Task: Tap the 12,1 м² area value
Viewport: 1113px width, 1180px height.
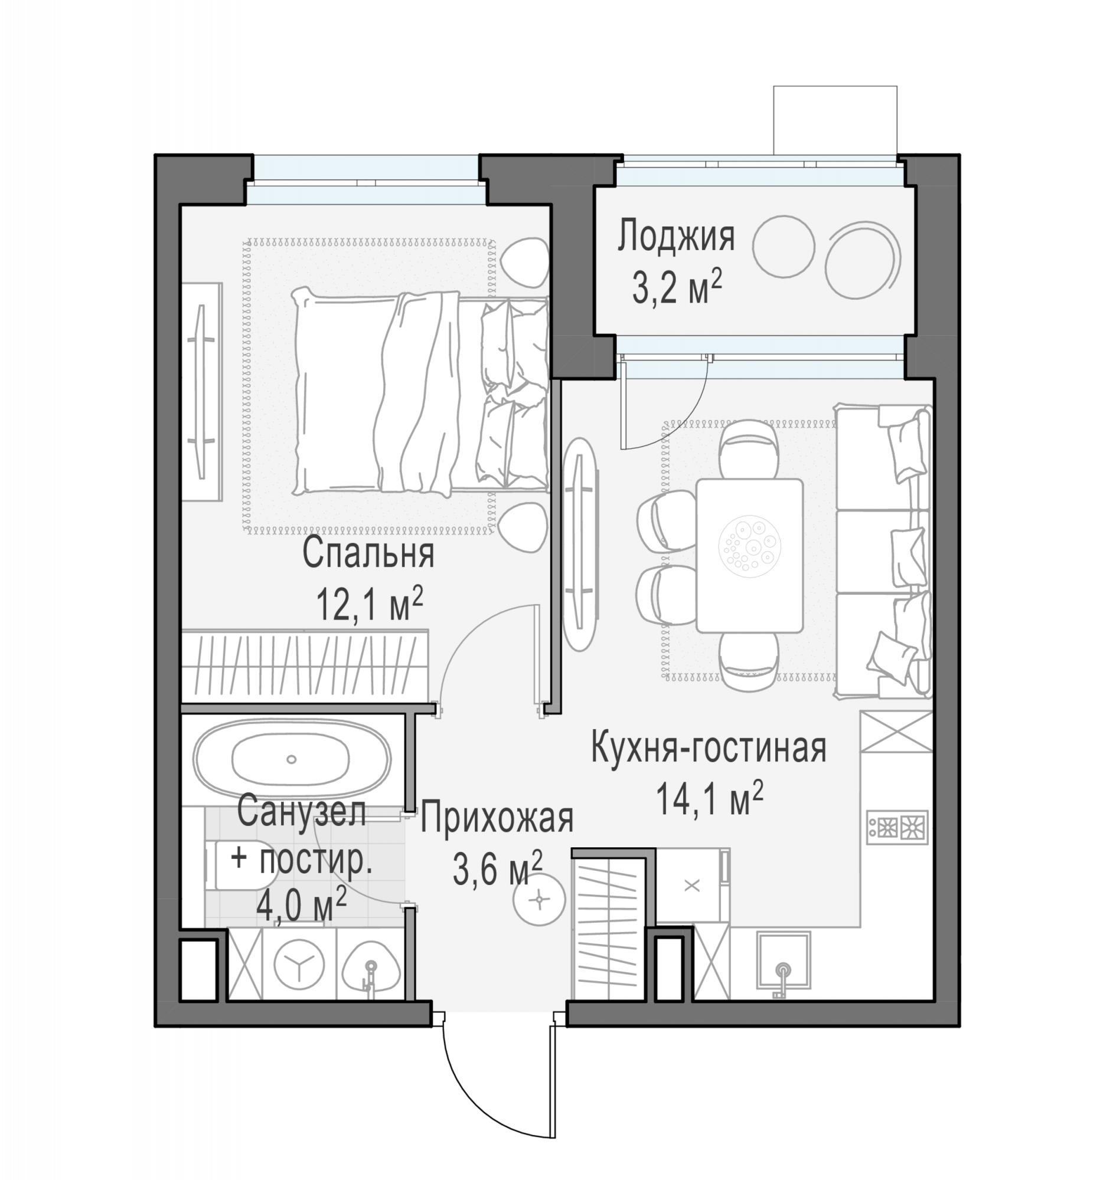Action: [370, 603]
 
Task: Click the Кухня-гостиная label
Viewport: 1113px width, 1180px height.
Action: [709, 748]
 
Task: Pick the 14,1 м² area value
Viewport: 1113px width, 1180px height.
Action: [709, 799]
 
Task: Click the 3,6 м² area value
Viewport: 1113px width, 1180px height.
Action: [498, 868]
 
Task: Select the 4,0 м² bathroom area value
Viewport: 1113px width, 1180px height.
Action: [301, 906]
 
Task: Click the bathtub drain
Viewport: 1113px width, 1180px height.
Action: [291, 759]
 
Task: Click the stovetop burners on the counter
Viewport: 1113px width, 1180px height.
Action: [897, 827]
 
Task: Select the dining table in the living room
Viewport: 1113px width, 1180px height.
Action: [749, 556]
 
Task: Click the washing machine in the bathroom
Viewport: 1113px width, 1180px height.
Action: [299, 965]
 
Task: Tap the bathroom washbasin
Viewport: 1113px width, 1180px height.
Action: [371, 966]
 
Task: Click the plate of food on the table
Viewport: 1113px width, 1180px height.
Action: [749, 546]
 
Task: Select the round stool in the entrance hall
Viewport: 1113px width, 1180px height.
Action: [539, 900]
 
